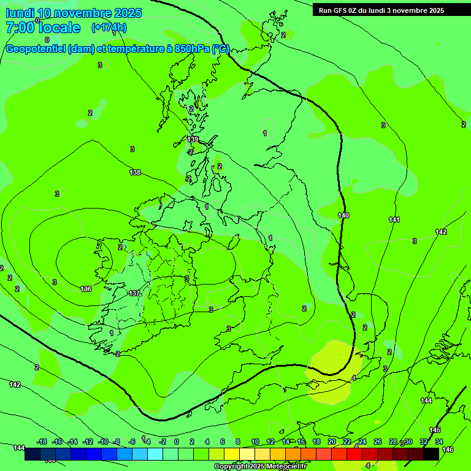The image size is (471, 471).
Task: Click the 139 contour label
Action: click(193, 140)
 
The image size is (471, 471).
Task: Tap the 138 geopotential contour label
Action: click(135, 172)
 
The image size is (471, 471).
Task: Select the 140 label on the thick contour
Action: click(343, 215)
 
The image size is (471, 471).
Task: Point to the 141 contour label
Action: click(394, 220)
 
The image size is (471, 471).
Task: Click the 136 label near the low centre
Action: click(86, 289)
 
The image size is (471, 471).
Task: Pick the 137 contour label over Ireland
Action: click(134, 293)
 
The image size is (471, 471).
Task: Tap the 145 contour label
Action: click(435, 430)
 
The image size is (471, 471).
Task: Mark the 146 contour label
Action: click(448, 450)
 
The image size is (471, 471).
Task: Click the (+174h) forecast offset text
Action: click(109, 28)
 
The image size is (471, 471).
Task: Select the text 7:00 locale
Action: click(43, 28)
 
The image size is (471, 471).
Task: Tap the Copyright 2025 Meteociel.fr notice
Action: click(260, 467)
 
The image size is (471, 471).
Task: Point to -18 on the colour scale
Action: click(42, 442)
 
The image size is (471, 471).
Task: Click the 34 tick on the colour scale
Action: click(439, 442)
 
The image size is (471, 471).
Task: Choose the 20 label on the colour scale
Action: click(332, 442)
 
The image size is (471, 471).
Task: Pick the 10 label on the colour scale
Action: click(255, 442)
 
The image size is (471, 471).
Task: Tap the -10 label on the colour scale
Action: click(103, 442)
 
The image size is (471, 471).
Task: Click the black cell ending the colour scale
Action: click(431, 454)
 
